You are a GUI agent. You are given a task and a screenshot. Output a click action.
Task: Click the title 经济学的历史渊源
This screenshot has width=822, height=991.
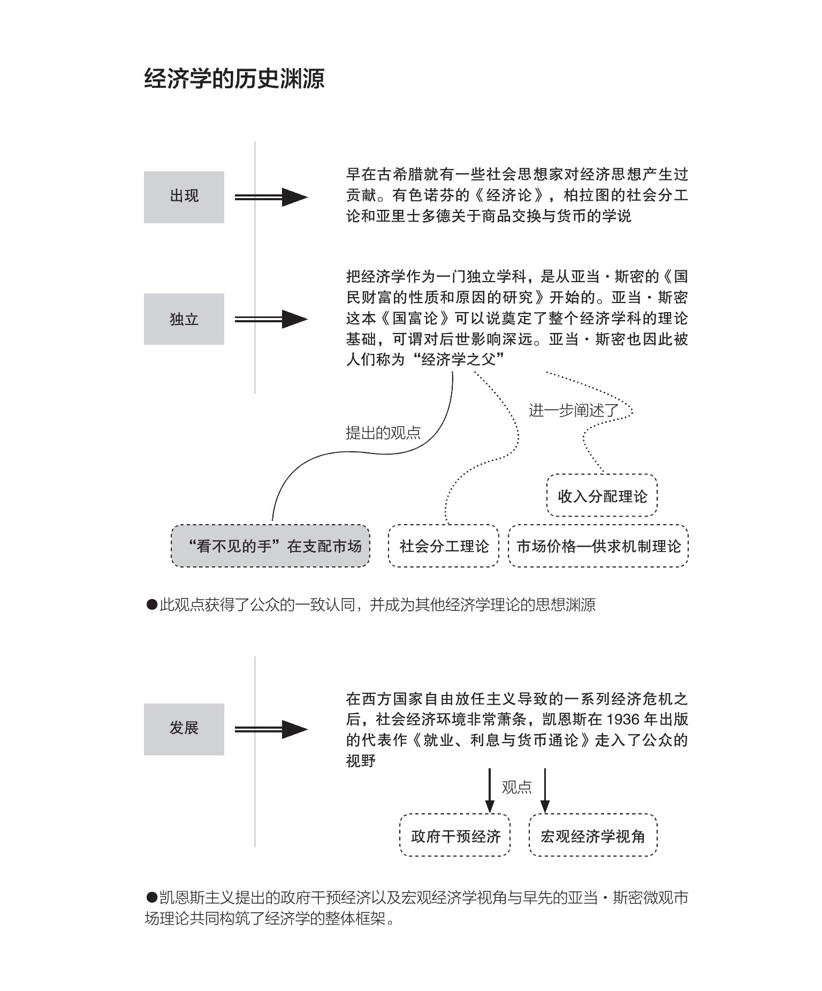pos(234,79)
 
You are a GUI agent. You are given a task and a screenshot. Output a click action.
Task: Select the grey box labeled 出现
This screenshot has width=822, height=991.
pos(184,196)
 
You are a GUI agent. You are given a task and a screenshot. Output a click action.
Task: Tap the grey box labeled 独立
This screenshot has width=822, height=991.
pos(184,319)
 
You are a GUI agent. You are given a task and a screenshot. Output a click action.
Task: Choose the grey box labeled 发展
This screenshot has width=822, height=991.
pos(184,729)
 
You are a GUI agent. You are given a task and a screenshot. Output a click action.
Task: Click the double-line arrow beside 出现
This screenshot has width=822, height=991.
pos(271,197)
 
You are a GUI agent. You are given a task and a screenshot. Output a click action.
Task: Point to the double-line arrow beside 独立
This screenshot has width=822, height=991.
pos(271,319)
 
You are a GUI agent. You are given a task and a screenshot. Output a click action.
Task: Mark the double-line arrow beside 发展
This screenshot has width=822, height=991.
pos(271,729)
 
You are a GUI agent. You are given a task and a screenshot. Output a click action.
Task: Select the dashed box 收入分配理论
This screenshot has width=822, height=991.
pos(602,496)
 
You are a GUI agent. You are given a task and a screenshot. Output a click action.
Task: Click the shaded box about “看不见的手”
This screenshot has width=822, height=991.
pos(270,546)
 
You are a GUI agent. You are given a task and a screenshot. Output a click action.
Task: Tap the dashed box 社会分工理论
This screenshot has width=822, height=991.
pos(444,546)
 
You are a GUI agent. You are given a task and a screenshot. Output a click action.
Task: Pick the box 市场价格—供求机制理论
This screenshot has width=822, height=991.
pos(598,546)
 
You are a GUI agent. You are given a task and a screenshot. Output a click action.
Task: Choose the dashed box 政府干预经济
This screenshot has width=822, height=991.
pos(455,836)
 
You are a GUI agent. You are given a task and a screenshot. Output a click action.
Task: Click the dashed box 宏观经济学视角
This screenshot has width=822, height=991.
pos(592,836)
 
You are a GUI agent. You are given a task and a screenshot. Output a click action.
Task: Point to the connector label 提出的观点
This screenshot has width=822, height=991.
pos(383,433)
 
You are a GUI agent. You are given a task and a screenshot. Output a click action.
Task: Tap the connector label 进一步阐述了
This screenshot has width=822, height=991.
pos(574,411)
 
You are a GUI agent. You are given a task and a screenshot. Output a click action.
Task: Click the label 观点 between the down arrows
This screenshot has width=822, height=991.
pos(516,787)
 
